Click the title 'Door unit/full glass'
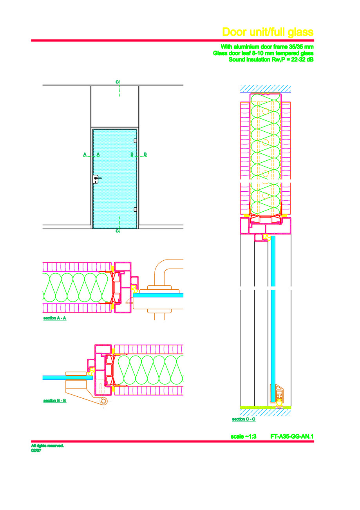268,32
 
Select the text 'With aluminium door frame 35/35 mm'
267,46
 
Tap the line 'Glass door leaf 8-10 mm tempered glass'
263,53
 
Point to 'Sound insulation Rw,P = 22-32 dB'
271,60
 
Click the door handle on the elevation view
97,179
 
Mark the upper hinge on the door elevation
135,141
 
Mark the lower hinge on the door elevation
135,209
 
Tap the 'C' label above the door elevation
117,82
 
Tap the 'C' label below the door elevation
117,231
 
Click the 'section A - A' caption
54,318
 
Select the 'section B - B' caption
54,401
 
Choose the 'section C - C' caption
244,419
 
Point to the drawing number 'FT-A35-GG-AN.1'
292,436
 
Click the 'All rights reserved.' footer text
47,446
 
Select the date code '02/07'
36,450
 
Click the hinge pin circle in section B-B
104,401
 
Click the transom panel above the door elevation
115,106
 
